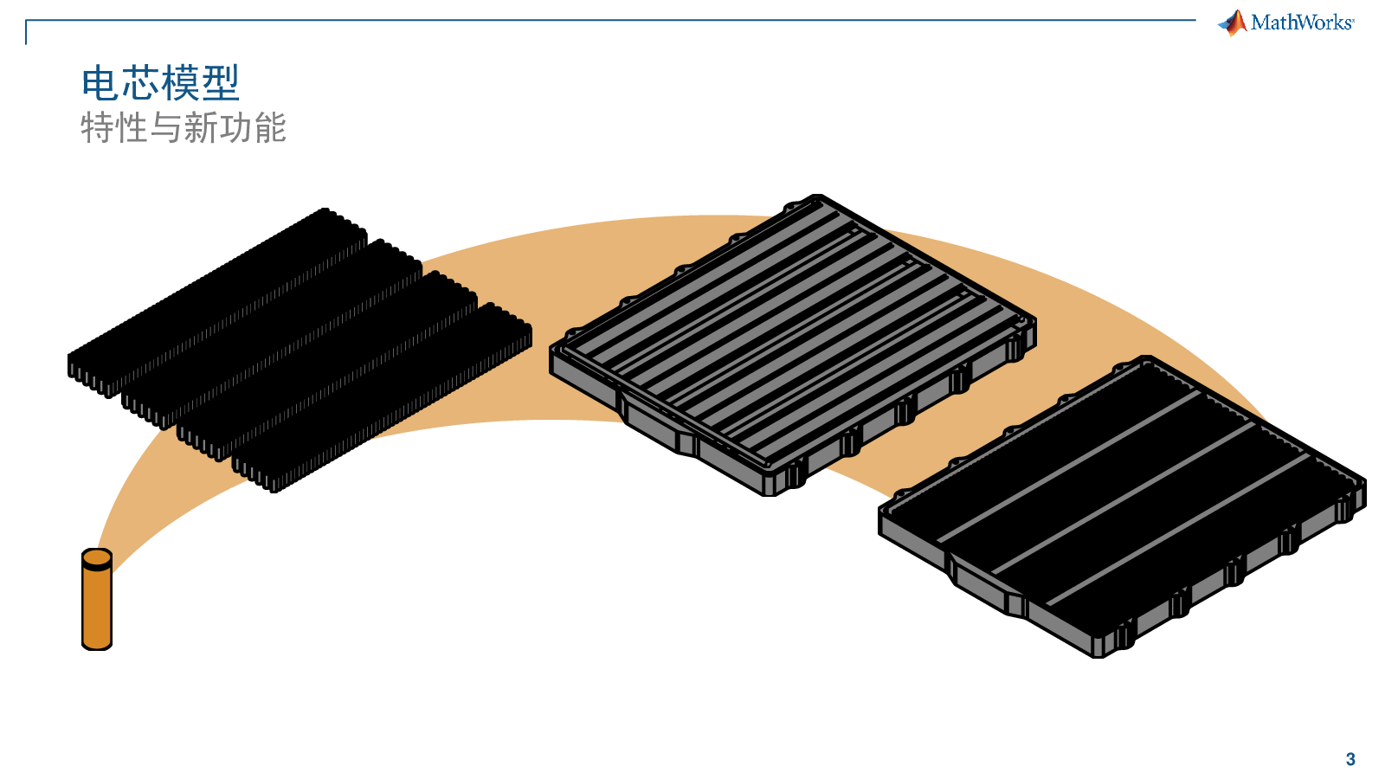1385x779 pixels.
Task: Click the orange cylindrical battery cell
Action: [x=97, y=599]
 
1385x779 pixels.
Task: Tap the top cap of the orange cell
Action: [x=97, y=558]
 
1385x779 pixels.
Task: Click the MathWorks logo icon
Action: [x=1233, y=23]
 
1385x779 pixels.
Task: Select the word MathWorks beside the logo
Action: [x=1302, y=23]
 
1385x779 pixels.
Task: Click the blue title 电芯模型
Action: [x=160, y=83]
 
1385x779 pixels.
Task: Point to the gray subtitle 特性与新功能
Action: [x=183, y=128]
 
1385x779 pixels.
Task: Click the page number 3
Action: [x=1350, y=759]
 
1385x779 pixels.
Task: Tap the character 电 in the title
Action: [x=100, y=83]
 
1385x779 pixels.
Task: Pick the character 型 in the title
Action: [x=221, y=83]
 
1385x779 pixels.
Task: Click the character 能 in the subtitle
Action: [x=269, y=128]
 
